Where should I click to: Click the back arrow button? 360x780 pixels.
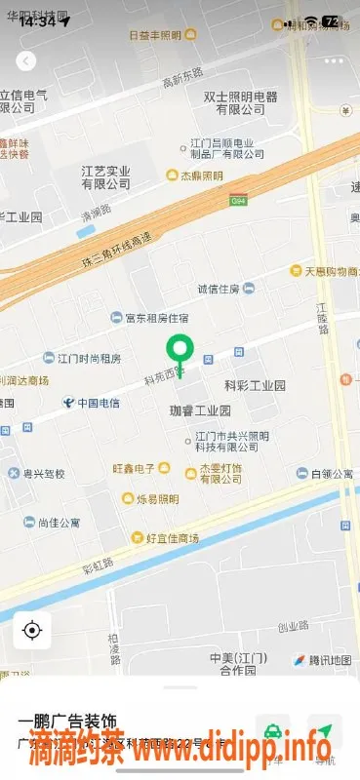(x=26, y=60)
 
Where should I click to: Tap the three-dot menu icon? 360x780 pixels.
(x=334, y=60)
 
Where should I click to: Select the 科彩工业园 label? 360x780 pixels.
(x=255, y=385)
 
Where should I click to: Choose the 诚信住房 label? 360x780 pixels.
(x=219, y=288)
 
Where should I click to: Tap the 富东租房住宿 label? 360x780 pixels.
(x=156, y=317)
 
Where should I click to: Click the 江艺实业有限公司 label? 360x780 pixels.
(x=105, y=176)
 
